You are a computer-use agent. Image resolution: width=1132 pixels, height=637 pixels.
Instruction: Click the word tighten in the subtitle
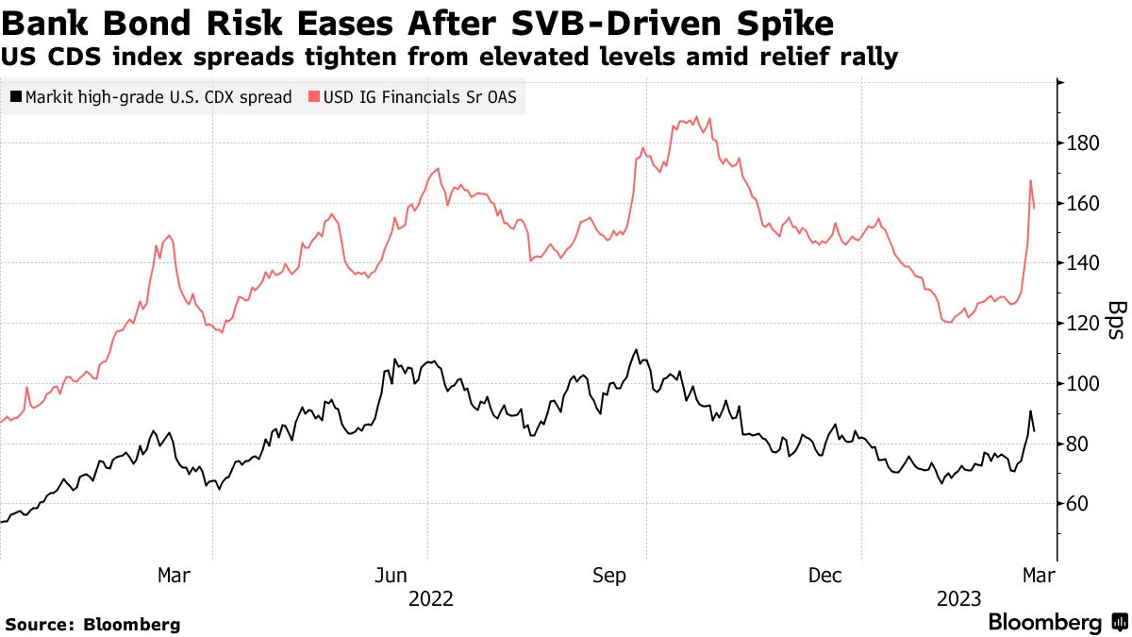coord(311,58)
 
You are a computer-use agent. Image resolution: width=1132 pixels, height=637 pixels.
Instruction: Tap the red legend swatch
coord(315,97)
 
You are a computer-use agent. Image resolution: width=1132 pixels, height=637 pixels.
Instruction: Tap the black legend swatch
coord(16,97)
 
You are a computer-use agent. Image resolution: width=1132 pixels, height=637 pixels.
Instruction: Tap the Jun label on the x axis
coord(391,575)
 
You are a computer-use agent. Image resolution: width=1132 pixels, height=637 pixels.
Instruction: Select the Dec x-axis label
coord(825,575)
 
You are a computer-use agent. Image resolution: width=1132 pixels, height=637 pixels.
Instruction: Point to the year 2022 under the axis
coord(431,598)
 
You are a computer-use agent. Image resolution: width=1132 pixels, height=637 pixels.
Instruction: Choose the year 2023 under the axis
coord(959,598)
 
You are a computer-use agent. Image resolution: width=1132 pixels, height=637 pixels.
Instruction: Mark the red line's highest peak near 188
coord(696,118)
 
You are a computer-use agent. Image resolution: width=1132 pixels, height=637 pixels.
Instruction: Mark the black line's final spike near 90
coord(1030,411)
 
